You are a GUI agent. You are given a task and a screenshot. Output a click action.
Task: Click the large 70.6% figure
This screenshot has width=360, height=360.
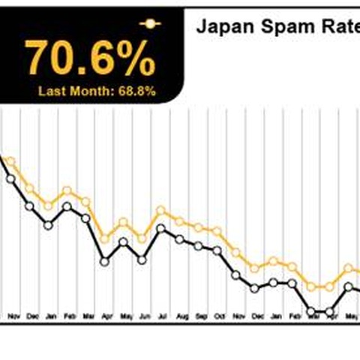click(90, 58)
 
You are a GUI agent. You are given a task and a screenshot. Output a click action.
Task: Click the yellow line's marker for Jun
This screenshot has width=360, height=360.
click(142, 238)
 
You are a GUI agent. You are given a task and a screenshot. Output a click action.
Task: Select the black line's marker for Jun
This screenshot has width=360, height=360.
click(142, 259)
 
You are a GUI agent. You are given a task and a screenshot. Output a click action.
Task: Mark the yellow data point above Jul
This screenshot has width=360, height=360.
click(160, 211)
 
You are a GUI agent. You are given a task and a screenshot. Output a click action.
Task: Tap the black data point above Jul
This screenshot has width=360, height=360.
click(160, 228)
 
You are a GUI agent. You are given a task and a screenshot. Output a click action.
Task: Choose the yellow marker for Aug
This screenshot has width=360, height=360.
click(180, 220)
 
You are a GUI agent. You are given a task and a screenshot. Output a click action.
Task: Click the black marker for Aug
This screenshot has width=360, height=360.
click(180, 239)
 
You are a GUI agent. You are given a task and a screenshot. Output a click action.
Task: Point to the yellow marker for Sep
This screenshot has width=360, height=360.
click(199, 227)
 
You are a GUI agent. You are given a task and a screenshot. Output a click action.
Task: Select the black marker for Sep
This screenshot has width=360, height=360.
click(199, 245)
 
